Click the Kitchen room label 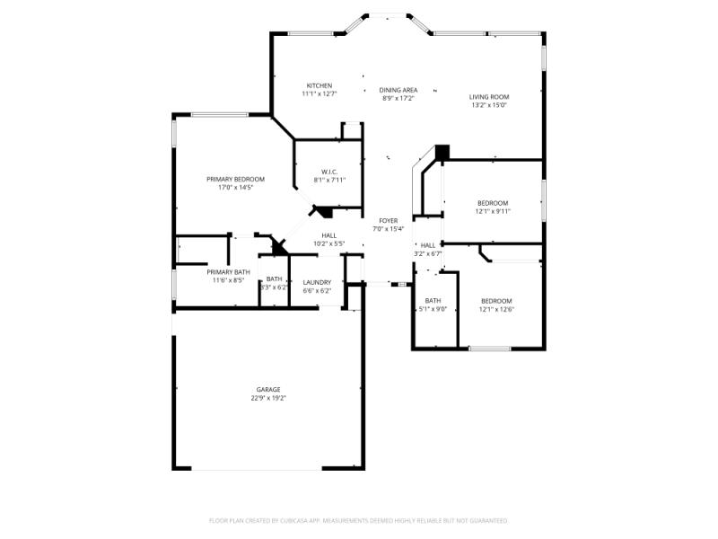pyautogui.click(x=318, y=85)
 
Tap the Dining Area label pyautogui.click(x=398, y=90)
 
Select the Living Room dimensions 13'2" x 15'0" pyautogui.click(x=489, y=105)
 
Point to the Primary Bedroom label pyautogui.click(x=235, y=179)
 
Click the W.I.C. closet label pyautogui.click(x=328, y=172)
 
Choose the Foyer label pyautogui.click(x=388, y=220)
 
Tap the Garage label pyautogui.click(x=268, y=389)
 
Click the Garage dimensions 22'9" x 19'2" pyautogui.click(x=268, y=398)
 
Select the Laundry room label pyautogui.click(x=317, y=282)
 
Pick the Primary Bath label pyautogui.click(x=228, y=271)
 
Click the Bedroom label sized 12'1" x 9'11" pyautogui.click(x=493, y=203)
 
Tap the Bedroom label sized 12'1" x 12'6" pyautogui.click(x=496, y=301)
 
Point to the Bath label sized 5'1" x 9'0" pyautogui.click(x=433, y=301)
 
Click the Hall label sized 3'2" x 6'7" pyautogui.click(x=428, y=245)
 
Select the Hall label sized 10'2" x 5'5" pyautogui.click(x=328, y=235)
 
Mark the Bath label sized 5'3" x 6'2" pyautogui.click(x=274, y=279)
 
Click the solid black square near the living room pyautogui.click(x=442, y=153)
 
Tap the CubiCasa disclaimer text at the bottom pyautogui.click(x=358, y=520)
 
